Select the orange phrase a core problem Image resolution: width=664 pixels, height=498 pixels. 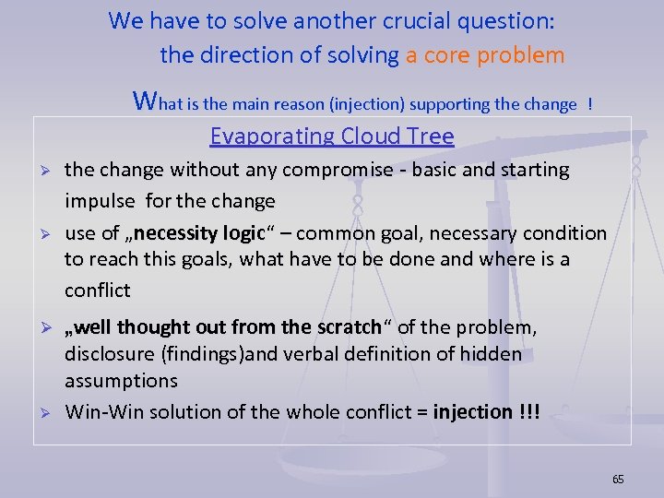(x=485, y=55)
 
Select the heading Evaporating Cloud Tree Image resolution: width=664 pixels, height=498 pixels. (x=332, y=136)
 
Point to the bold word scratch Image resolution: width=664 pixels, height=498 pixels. (x=349, y=327)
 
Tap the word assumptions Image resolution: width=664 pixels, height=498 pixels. (x=121, y=381)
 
